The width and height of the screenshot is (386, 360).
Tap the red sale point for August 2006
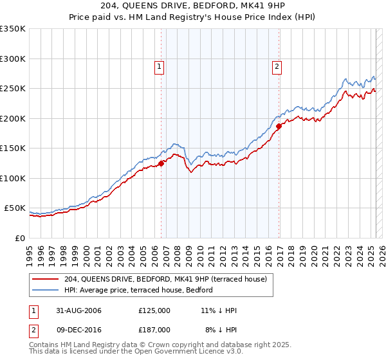[161, 163]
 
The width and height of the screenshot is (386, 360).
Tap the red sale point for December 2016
[279, 127]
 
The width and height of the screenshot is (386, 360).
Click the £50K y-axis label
[15, 208]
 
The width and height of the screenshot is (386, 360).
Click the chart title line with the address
[193, 6]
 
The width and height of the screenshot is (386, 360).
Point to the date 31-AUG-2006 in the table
[78, 310]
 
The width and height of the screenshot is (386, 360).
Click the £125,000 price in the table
[154, 310]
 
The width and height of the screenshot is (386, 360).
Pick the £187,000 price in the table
[154, 329]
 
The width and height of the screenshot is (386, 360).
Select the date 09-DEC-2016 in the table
[78, 329]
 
